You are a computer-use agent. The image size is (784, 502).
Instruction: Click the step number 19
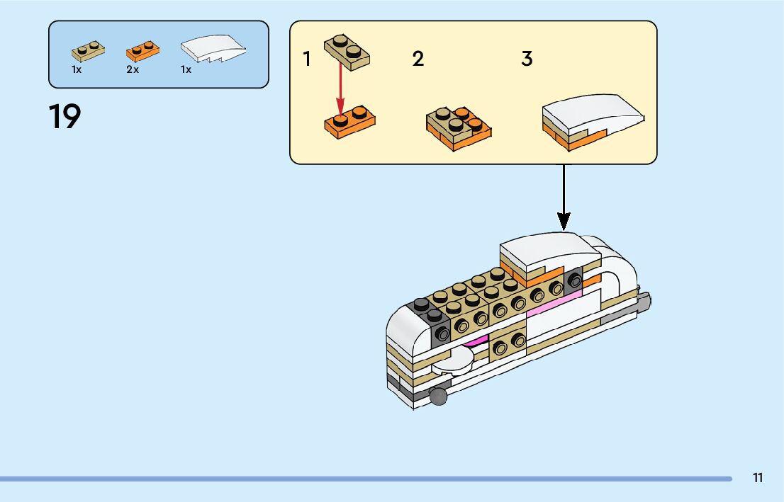tap(65, 117)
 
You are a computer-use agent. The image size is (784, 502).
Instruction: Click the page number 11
tap(758, 478)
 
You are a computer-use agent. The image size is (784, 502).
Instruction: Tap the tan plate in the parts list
tap(89, 51)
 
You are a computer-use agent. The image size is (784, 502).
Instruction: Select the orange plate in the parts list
tap(142, 50)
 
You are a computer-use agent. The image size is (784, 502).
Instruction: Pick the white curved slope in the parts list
tap(214, 50)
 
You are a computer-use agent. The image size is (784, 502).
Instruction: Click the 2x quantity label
tap(133, 70)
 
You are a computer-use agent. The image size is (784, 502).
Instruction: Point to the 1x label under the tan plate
tap(77, 70)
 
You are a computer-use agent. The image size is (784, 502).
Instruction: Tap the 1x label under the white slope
tap(186, 70)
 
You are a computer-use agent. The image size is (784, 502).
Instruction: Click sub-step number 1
tap(307, 59)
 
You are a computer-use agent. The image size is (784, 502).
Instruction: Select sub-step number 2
tap(418, 59)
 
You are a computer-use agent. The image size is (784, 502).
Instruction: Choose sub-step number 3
tap(527, 59)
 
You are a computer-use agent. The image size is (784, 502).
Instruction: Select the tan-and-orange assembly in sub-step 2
tap(459, 127)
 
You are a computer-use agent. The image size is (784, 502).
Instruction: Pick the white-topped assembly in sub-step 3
tap(593, 122)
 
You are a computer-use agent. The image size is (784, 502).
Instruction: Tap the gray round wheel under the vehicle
tap(439, 396)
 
